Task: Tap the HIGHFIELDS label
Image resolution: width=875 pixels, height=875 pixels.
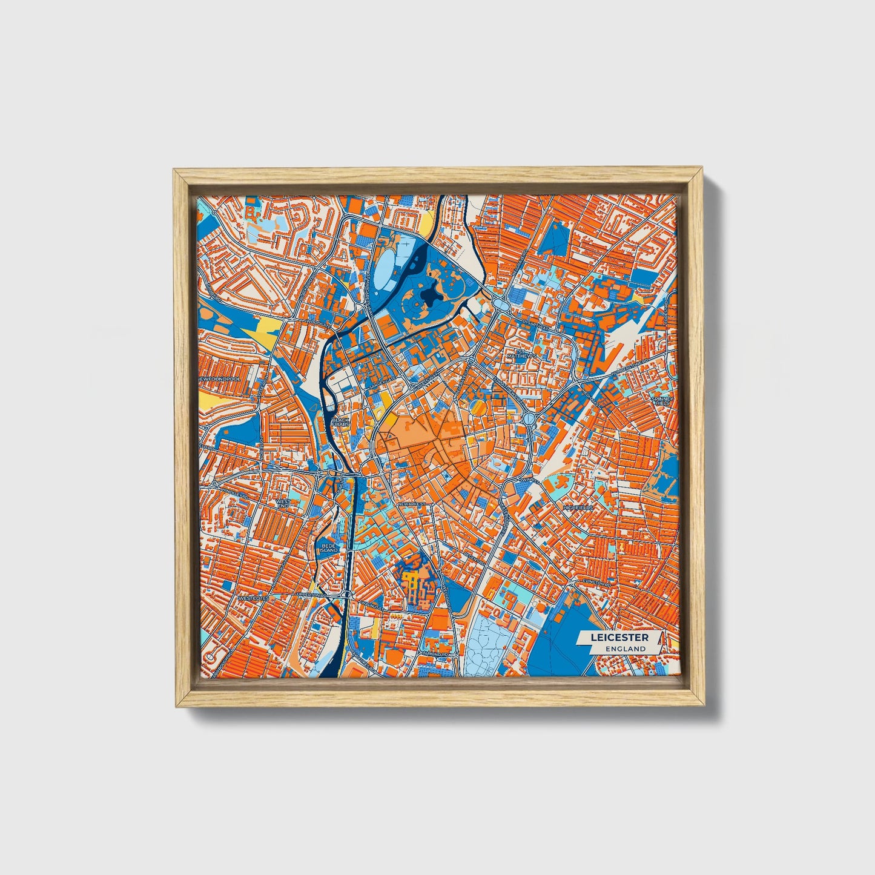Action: (578, 507)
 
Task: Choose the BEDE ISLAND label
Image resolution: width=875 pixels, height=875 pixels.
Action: (329, 547)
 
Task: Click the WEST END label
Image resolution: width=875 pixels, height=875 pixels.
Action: (283, 503)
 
